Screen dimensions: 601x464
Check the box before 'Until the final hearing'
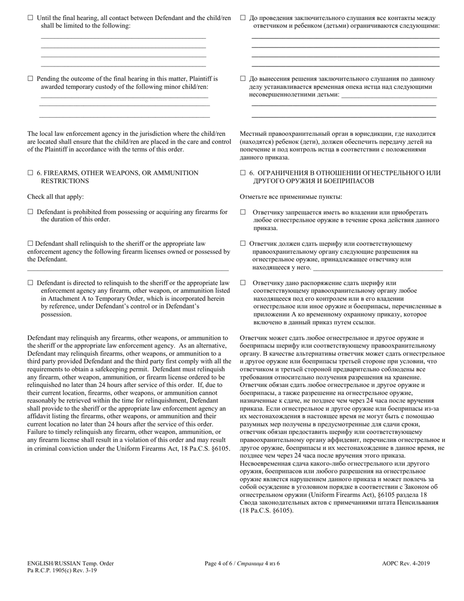30,18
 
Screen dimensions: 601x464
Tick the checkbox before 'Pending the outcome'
30,79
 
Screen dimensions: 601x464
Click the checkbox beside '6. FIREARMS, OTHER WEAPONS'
30,173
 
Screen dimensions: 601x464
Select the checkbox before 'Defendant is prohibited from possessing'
30,212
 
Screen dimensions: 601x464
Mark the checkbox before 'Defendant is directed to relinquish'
30,283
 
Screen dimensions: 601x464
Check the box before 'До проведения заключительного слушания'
243,18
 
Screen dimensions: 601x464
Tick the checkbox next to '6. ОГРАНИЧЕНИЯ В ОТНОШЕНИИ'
243,173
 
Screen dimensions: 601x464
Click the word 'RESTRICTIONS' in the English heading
64,181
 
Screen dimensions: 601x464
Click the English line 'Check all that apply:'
56,197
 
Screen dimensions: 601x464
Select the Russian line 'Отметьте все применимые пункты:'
291,197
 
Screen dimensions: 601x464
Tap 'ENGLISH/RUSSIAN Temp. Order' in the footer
71,563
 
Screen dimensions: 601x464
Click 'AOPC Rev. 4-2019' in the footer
406,563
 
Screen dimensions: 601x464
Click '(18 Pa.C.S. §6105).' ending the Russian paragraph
267,510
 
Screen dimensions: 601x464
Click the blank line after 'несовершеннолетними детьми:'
389,95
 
